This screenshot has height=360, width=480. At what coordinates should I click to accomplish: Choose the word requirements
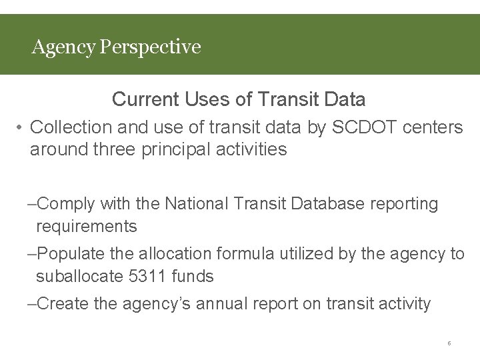point(87,227)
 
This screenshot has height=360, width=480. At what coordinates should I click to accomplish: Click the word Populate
point(71,254)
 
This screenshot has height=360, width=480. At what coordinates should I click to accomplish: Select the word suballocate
point(79,276)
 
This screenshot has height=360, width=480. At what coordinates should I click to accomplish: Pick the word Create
point(65,304)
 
